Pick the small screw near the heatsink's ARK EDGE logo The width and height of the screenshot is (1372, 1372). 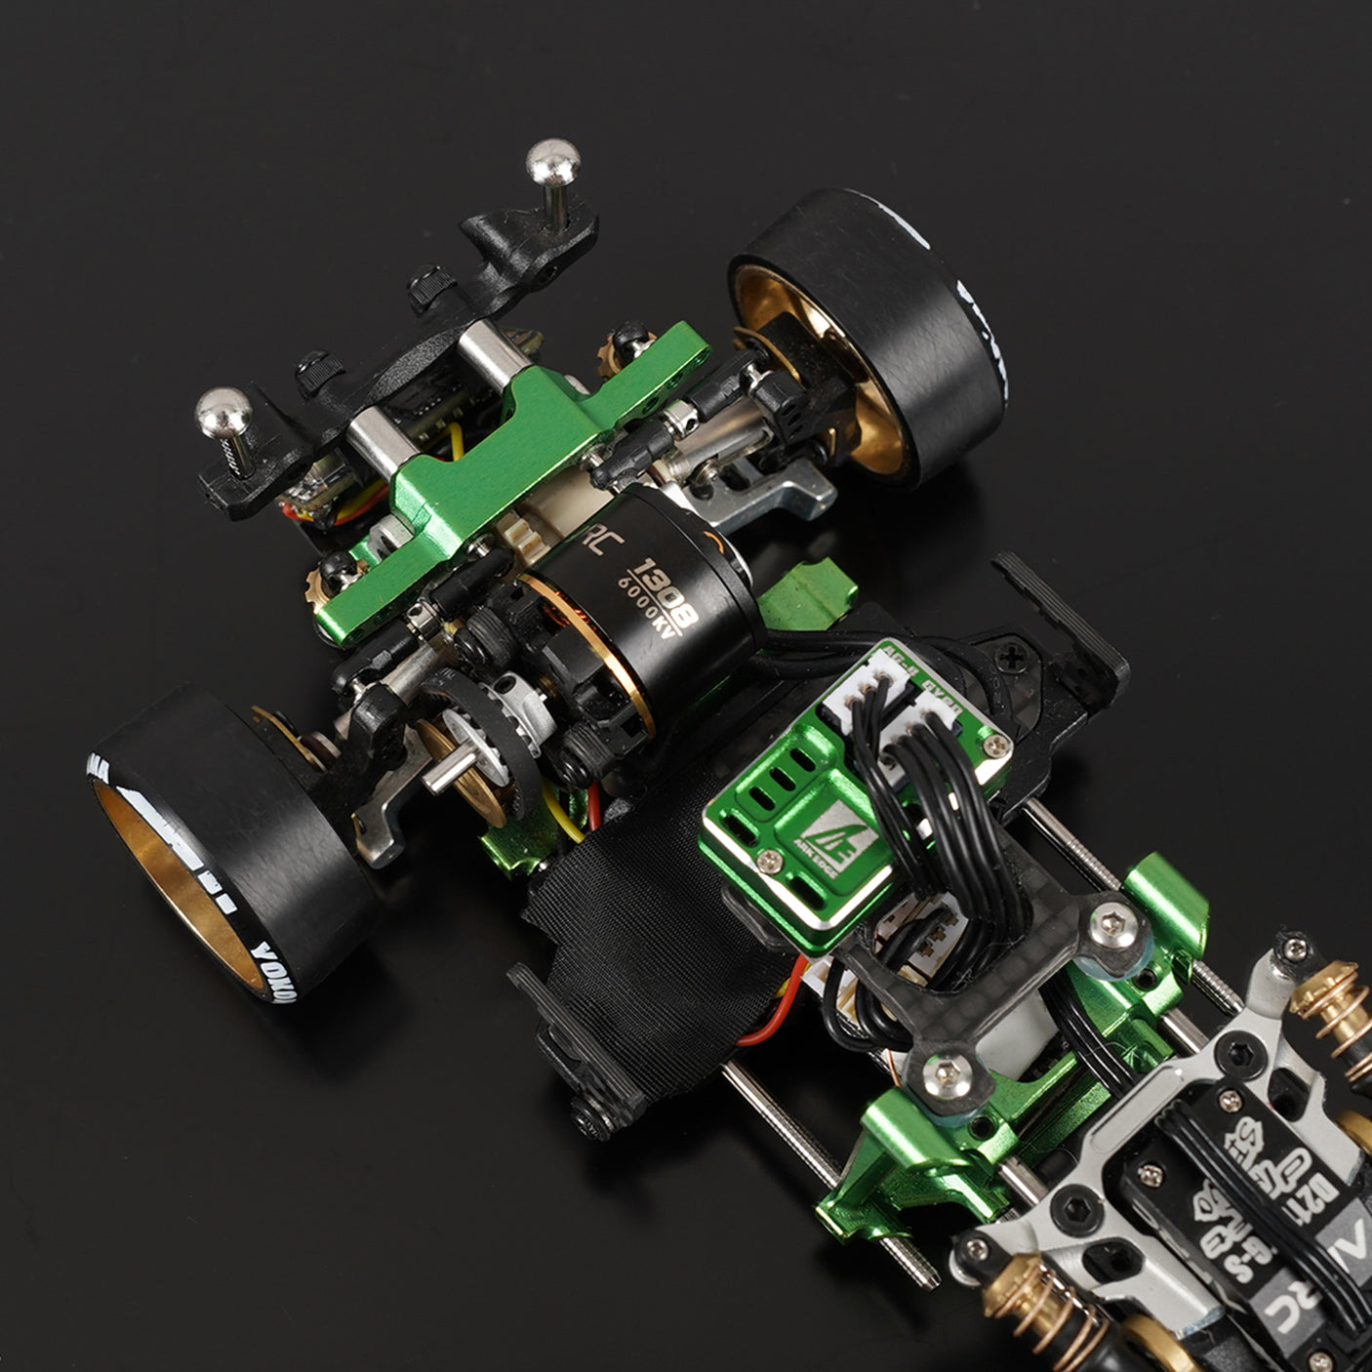770,858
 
